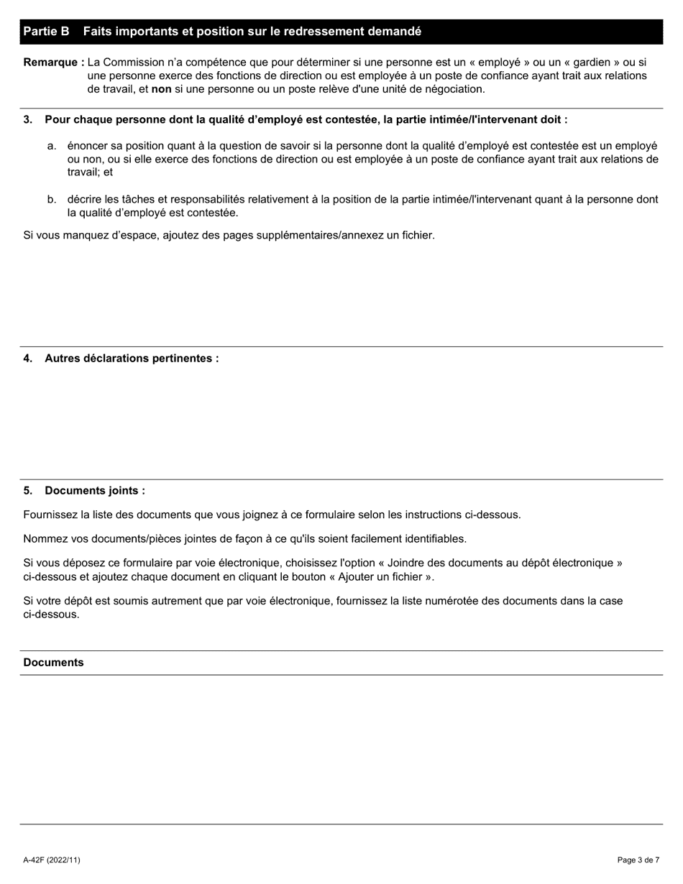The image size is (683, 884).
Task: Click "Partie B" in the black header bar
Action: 46,32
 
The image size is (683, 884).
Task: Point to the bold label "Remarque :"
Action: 54,63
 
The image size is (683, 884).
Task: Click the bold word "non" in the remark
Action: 162,89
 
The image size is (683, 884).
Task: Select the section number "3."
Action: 28,120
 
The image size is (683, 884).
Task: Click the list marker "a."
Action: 52,146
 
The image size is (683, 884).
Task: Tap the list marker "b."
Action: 52,200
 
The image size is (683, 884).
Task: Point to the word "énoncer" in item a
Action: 88,146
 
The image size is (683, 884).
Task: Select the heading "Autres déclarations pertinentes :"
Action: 132,359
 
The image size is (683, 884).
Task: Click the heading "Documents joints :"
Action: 94,491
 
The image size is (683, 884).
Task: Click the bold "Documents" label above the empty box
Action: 53,663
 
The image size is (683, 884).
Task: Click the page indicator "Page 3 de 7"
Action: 638,860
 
